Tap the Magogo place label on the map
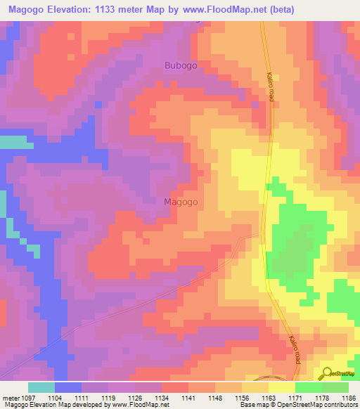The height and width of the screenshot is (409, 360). [181, 202]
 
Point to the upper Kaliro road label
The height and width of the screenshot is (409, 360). [269, 89]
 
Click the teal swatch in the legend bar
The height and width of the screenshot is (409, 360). [41, 387]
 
